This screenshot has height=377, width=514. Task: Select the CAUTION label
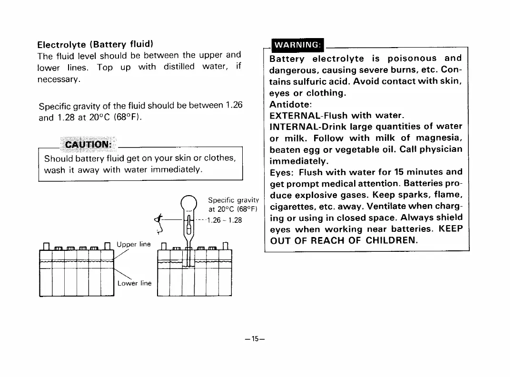pos(88,145)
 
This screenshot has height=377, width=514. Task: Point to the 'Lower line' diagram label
pos(134,283)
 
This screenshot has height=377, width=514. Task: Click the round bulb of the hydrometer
pos(189,203)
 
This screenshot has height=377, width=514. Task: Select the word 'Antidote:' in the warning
pos(290,104)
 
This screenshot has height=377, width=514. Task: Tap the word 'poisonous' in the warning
pos(412,59)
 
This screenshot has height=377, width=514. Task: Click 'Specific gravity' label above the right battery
pos(233,200)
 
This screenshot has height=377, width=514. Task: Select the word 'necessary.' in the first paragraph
pos(59,79)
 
